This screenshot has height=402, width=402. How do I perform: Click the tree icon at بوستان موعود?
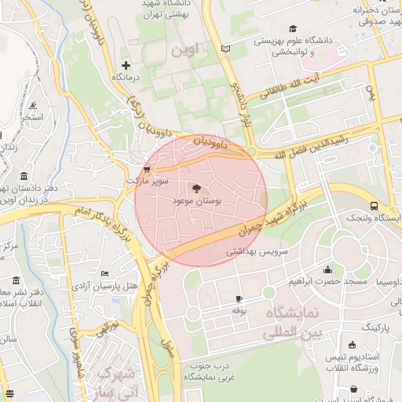click(196, 188)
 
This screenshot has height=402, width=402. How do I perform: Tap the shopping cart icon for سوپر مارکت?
click(147, 169)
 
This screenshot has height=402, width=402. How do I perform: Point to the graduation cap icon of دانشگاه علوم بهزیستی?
click(294, 27)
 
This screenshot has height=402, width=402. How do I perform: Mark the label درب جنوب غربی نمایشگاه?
click(210, 371)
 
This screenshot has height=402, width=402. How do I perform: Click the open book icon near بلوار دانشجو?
click(226, 49)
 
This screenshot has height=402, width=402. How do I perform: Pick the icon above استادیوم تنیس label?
click(352, 345)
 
